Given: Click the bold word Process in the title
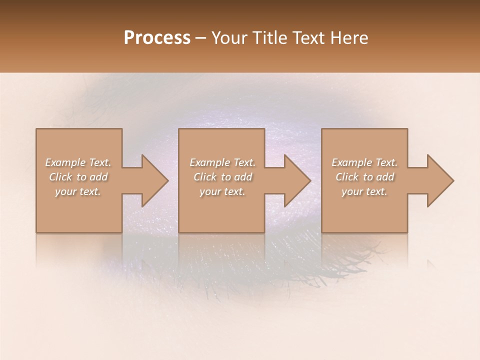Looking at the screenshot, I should [x=157, y=38].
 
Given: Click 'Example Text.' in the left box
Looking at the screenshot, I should [x=78, y=162].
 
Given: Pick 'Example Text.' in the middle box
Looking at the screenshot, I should [x=222, y=162].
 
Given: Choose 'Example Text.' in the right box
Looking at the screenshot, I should [x=364, y=162].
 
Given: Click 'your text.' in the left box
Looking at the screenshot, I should [x=78, y=191].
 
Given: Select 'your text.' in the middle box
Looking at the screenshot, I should [x=222, y=191].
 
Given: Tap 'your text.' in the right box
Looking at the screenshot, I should [x=364, y=191].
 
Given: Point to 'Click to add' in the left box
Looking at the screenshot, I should [x=78, y=177].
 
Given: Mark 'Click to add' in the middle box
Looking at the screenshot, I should [x=222, y=177].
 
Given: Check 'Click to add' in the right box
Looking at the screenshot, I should [x=364, y=177].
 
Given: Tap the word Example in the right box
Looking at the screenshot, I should [x=351, y=162].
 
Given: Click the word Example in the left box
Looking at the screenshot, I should [x=65, y=162].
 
